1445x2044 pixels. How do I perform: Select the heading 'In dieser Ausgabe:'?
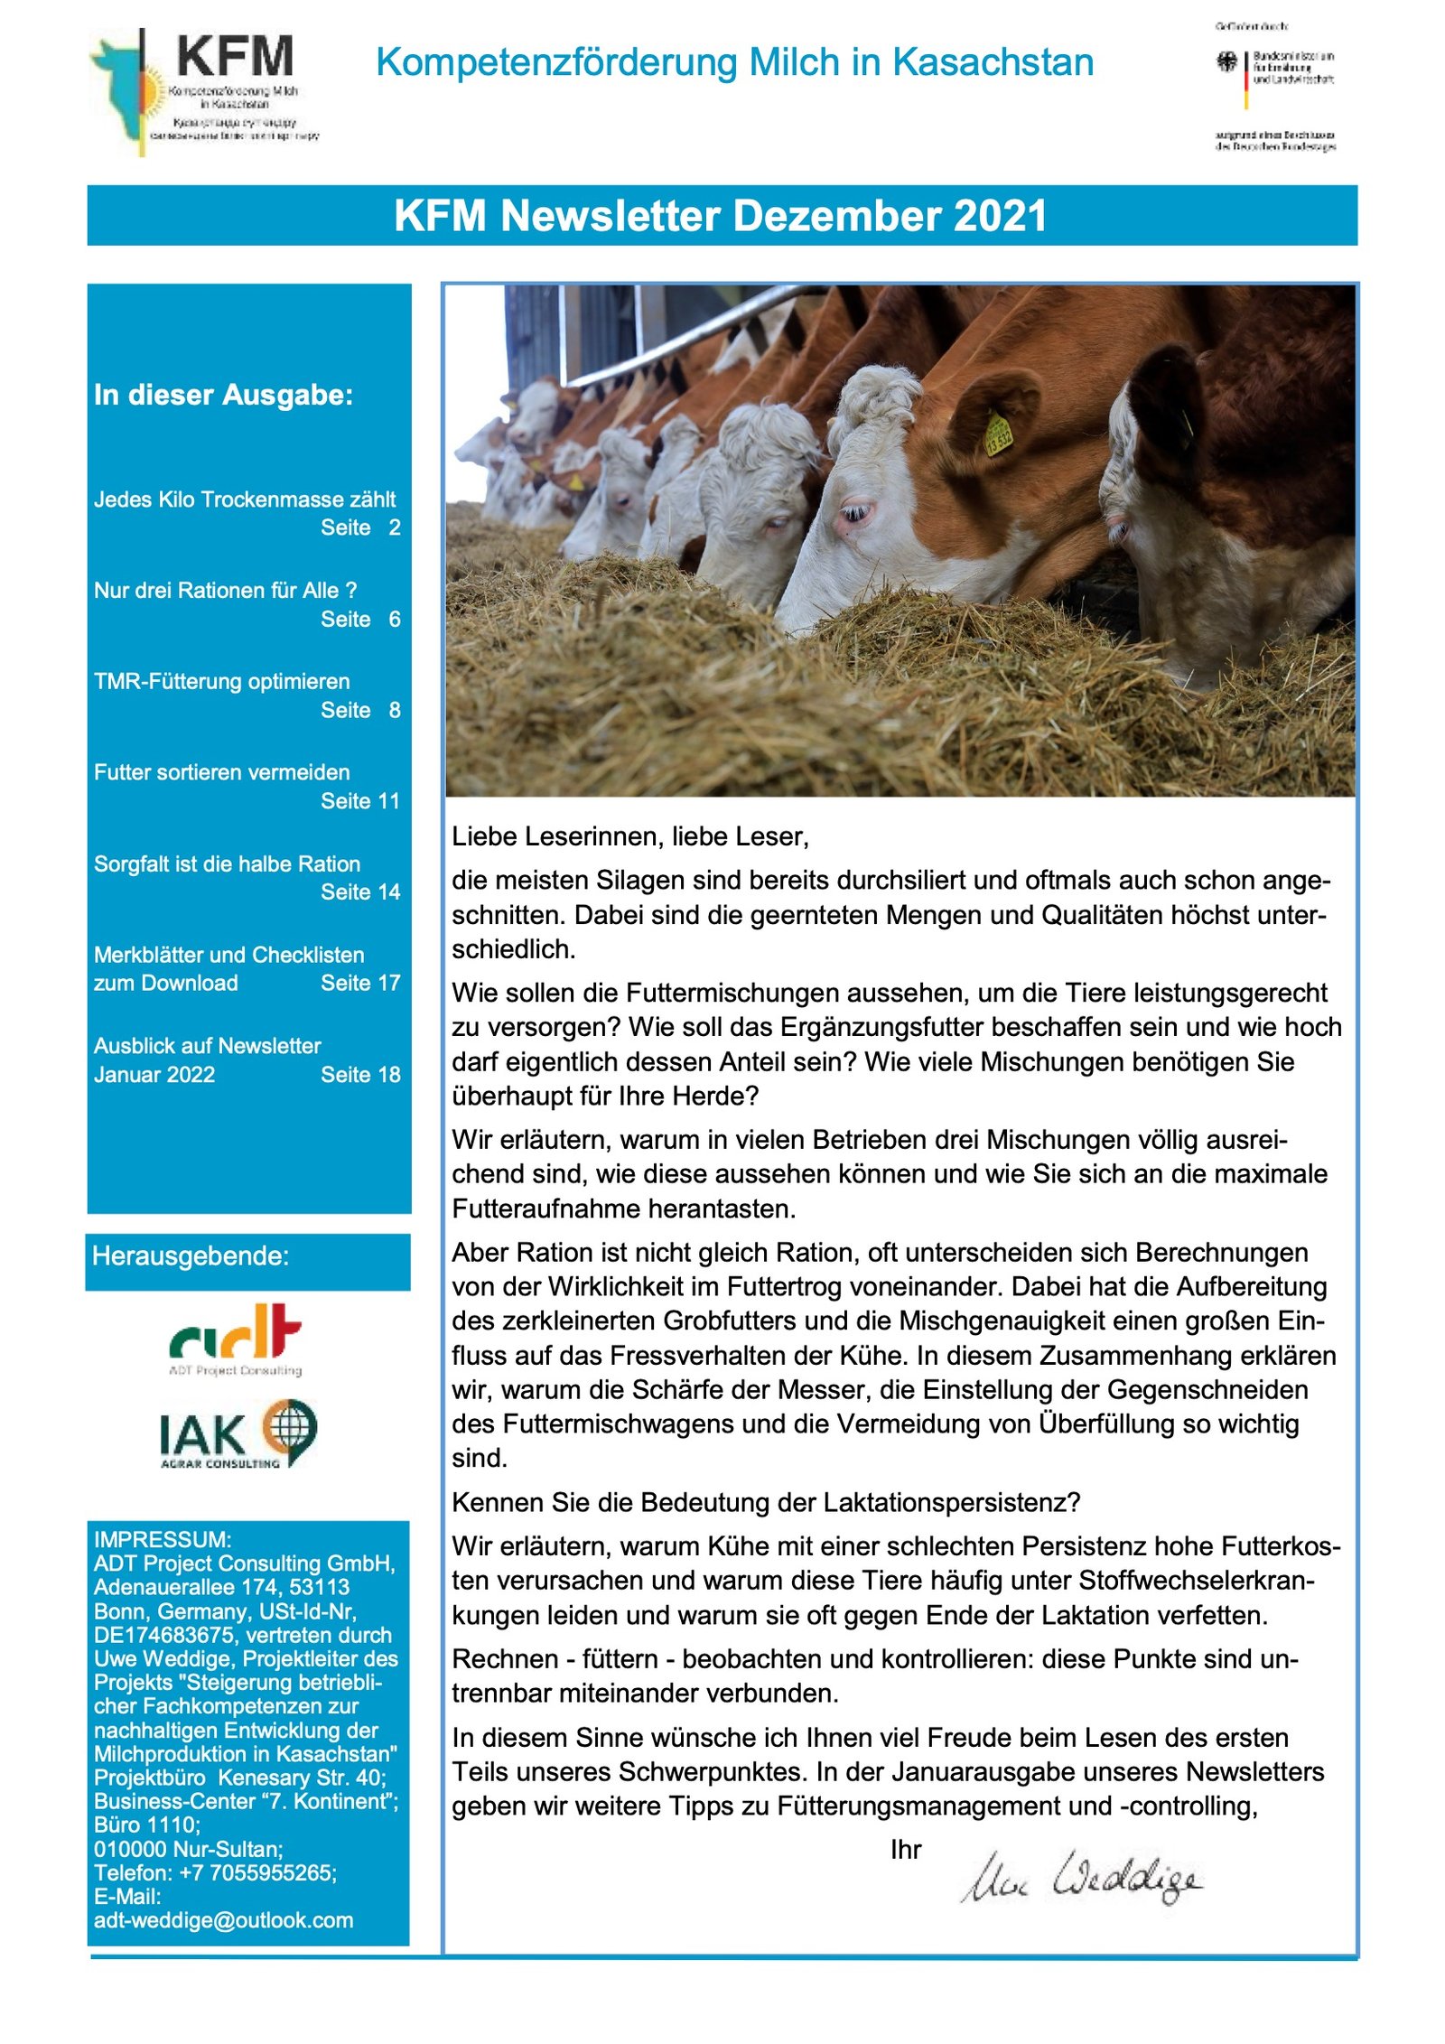[x=223, y=396]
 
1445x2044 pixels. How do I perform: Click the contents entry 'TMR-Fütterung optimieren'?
[x=221, y=682]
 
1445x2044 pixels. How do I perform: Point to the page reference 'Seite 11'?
[x=359, y=801]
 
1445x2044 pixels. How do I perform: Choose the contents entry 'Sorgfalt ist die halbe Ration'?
[x=227, y=864]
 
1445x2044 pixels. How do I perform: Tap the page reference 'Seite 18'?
[x=359, y=1075]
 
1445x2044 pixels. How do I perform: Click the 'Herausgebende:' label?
[x=191, y=1256]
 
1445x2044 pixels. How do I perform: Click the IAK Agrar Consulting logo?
[x=238, y=1433]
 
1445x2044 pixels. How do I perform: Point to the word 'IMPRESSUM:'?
[x=163, y=1539]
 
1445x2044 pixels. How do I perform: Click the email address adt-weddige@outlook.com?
[x=223, y=1920]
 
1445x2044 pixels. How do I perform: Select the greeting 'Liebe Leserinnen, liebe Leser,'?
[x=630, y=836]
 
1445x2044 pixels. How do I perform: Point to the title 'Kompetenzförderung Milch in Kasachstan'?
[x=734, y=63]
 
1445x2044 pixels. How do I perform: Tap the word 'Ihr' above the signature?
[x=905, y=1850]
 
